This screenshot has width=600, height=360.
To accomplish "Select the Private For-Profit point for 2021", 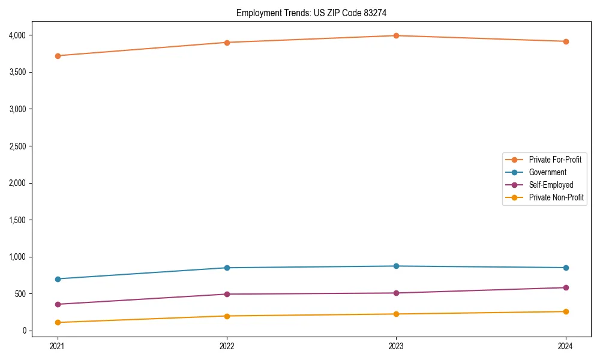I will click(58, 56).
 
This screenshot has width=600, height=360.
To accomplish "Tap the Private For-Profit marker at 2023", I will click(396, 35).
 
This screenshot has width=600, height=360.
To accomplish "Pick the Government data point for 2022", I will click(227, 268).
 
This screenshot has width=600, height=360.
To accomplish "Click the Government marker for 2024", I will click(566, 268).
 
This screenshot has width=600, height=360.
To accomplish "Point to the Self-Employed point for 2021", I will click(58, 304).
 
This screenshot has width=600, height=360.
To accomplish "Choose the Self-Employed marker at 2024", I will click(566, 287).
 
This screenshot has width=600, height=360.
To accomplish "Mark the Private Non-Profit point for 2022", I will click(227, 316).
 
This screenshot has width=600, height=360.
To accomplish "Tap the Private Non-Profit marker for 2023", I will click(396, 314).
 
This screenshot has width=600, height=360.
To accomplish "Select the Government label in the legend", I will click(547, 172).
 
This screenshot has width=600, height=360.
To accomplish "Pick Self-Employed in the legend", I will click(551, 185).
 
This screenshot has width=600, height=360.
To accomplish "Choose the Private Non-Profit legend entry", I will click(556, 197).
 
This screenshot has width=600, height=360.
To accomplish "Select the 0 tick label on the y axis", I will click(25, 331).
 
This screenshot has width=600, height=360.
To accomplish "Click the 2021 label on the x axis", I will click(58, 346).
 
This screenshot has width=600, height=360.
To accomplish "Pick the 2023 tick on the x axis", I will click(396, 346).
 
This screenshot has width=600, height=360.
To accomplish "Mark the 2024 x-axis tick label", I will click(566, 346).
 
